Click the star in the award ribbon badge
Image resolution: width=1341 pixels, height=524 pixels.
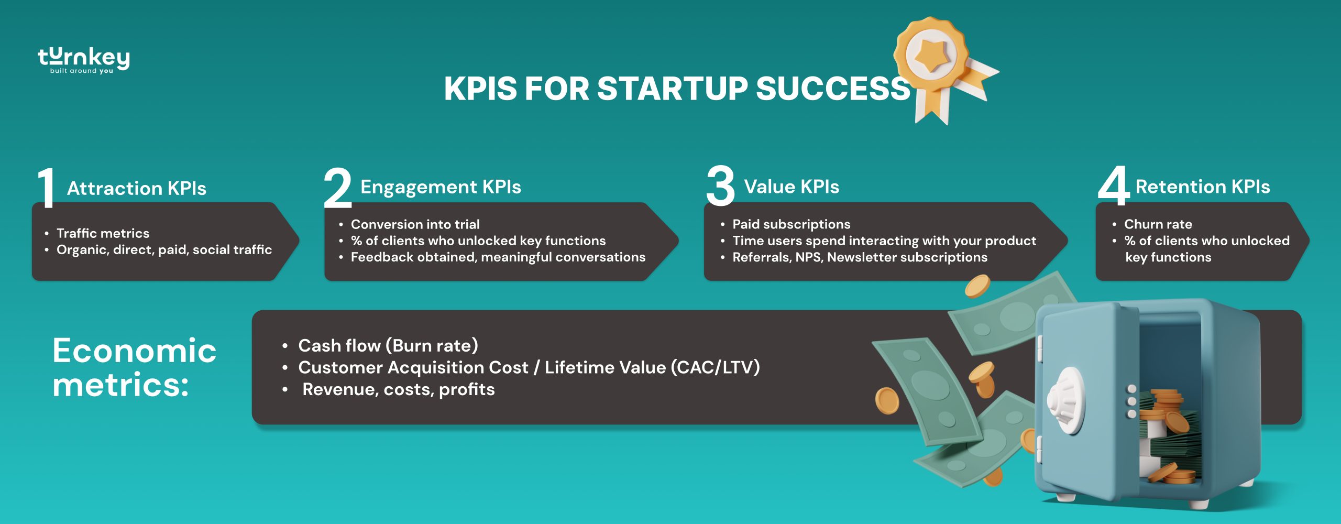[x=932, y=53]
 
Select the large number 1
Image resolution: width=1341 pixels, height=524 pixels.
[x=47, y=188]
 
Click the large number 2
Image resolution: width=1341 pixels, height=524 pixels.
[x=338, y=188]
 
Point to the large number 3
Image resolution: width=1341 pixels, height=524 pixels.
[x=720, y=186]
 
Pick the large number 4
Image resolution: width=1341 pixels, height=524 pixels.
[x=1114, y=186]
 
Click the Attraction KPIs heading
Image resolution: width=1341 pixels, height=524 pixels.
[x=137, y=188]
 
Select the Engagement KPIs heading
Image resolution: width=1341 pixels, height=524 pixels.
[x=441, y=187]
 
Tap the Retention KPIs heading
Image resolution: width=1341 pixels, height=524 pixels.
[x=1203, y=187]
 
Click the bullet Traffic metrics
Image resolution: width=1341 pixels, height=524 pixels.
[x=103, y=233]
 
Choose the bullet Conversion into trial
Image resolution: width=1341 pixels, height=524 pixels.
[x=415, y=224]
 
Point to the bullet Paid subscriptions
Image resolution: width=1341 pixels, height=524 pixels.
[x=791, y=224]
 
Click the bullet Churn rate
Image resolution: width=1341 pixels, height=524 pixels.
[x=1158, y=224]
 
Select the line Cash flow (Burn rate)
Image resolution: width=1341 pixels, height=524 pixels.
[x=388, y=346]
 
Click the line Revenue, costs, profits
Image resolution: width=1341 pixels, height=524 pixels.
[x=398, y=389]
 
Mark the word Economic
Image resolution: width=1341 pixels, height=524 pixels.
[x=134, y=351]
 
